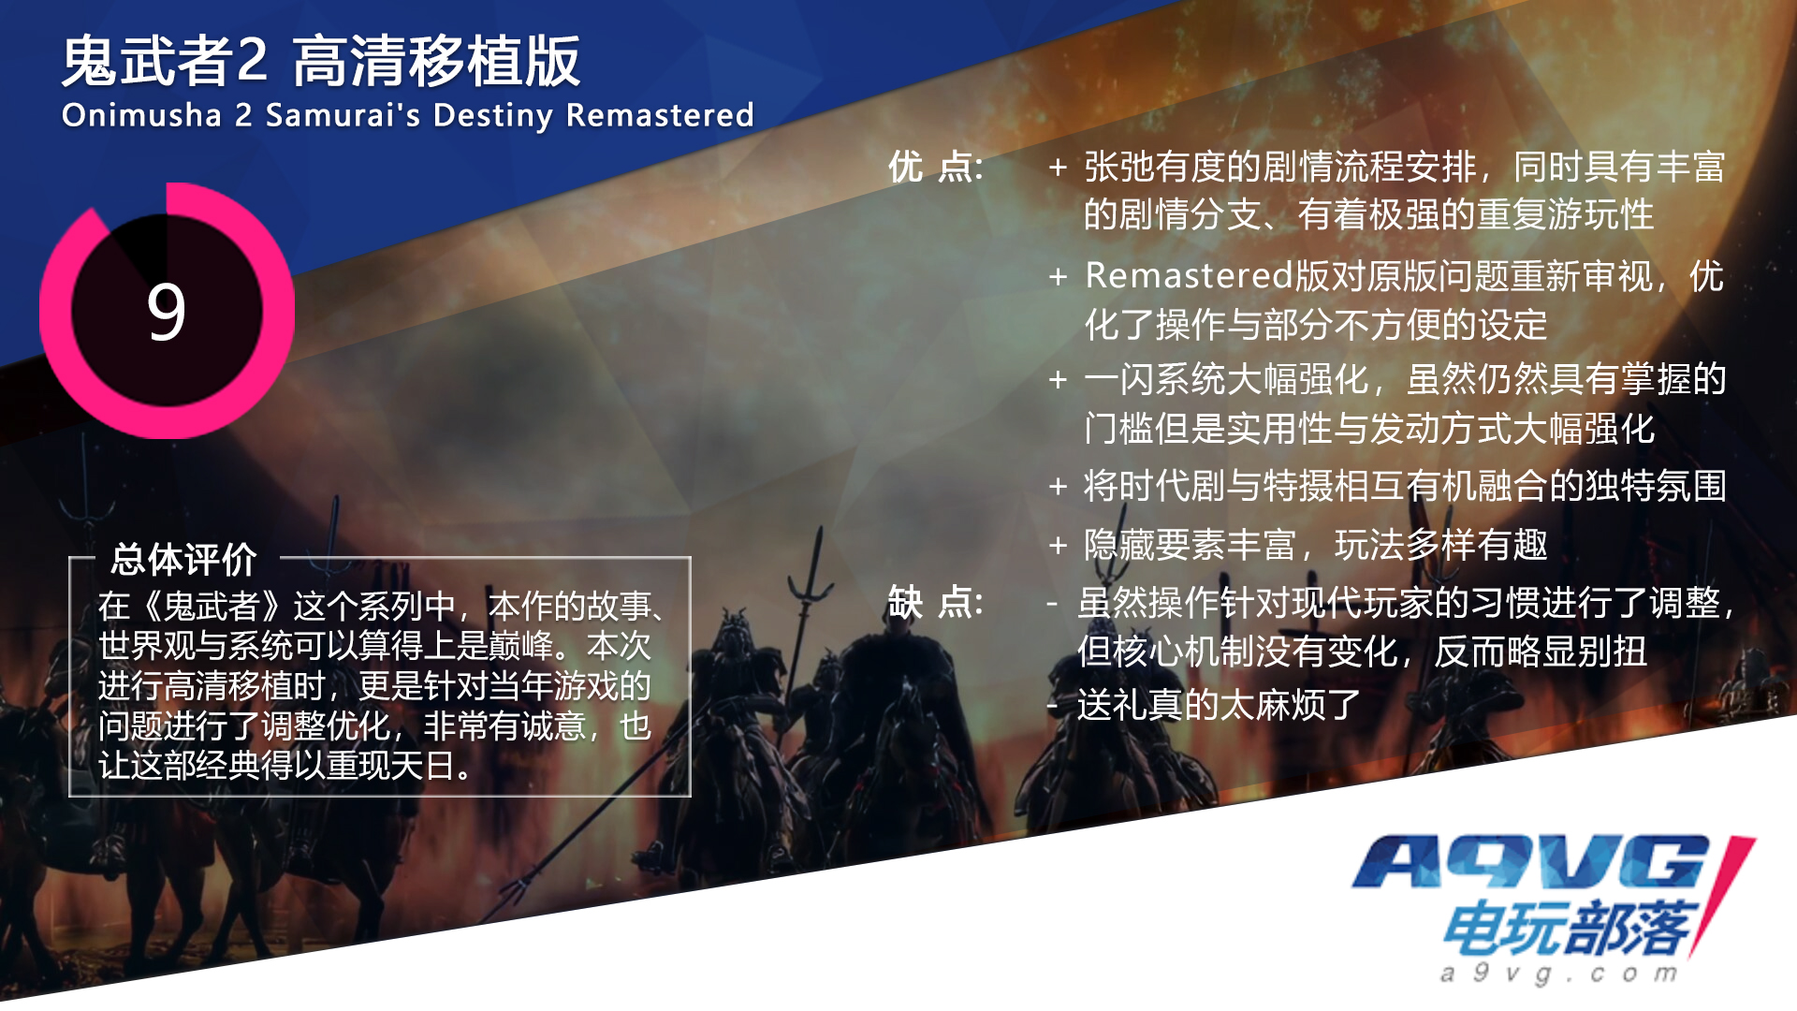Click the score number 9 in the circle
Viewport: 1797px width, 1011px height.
167,313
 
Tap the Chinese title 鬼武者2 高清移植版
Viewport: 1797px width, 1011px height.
321,62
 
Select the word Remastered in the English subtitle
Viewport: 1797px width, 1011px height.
660,115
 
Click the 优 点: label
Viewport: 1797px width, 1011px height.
935,168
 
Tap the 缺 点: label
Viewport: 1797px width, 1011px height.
935,602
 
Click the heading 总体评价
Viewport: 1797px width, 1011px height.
183,560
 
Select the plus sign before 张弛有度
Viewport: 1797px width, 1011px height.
1058,168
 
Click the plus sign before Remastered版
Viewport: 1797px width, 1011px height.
1058,277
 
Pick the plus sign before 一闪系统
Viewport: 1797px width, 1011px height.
1058,379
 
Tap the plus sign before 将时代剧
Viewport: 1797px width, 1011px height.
1058,487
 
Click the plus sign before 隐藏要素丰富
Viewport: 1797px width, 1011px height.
1058,545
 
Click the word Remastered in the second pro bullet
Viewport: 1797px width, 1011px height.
1189,275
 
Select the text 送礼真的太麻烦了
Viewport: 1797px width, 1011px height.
1219,705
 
